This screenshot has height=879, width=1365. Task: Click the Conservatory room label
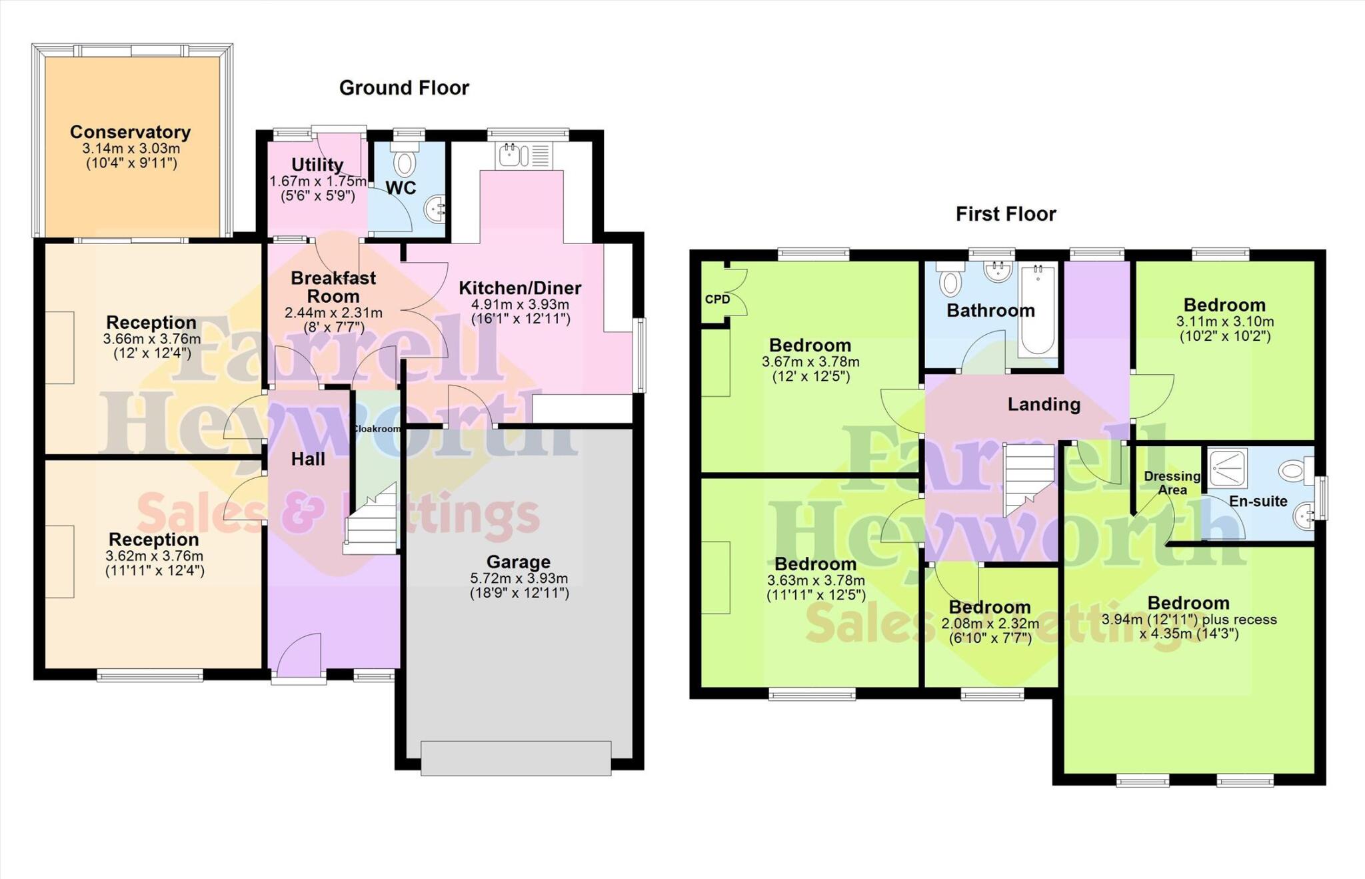130,132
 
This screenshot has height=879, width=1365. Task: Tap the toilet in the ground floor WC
404,161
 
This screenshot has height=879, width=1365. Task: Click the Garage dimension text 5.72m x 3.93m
519,578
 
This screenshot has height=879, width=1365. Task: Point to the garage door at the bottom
516,758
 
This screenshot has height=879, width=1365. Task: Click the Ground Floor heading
404,87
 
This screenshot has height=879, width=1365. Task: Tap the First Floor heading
1005,214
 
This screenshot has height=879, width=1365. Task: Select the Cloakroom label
376,429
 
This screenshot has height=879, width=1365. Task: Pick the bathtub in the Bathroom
1036,310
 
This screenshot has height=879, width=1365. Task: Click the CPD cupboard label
717,299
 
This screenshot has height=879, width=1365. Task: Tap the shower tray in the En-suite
1228,468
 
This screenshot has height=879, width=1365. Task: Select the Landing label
1043,404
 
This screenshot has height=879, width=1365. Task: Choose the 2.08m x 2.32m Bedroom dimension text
990,624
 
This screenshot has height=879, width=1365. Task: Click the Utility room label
317,165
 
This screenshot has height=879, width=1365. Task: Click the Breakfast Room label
333,287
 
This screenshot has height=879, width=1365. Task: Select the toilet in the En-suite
1294,471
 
